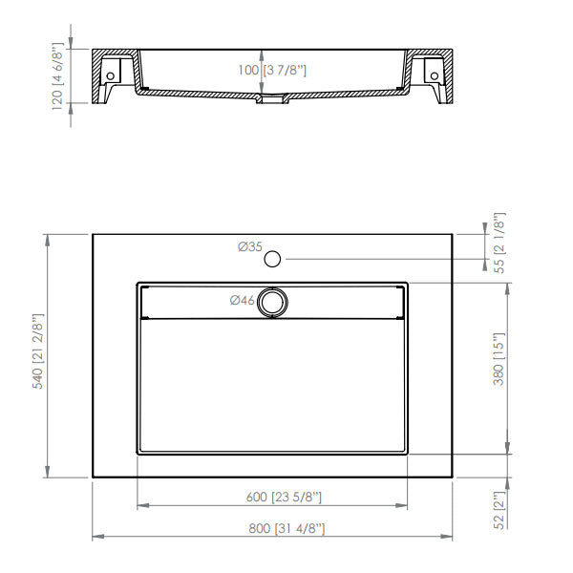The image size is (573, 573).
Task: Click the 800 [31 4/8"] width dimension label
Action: click(x=274, y=530)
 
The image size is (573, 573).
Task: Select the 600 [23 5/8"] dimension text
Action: click(x=274, y=497)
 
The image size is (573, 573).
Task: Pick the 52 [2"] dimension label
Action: click(x=498, y=508)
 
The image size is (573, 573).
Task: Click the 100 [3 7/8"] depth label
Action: click(x=273, y=71)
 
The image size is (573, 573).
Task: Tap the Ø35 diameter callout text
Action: click(x=250, y=247)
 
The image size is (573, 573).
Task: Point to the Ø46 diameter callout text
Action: click(x=242, y=301)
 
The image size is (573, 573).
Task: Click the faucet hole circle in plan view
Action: click(x=273, y=258)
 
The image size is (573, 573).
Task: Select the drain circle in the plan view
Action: click(x=273, y=301)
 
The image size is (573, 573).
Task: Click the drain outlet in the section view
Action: click(x=273, y=97)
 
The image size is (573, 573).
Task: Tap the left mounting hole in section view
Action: click(x=113, y=74)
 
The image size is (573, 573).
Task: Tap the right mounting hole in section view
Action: click(x=434, y=74)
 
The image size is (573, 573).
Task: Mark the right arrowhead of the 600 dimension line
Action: click(x=404, y=505)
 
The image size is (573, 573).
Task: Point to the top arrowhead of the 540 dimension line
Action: click(x=48, y=238)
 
